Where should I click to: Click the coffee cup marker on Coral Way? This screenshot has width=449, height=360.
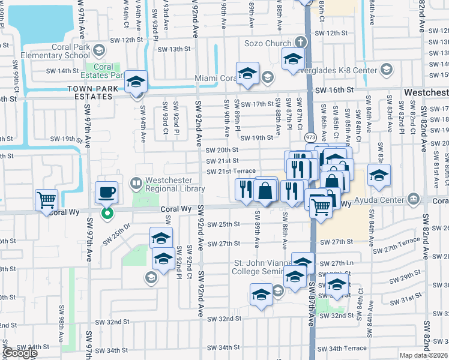(x=107, y=193)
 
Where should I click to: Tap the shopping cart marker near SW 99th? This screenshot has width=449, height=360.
(x=47, y=200)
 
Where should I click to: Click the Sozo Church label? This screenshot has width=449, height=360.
(x=268, y=43)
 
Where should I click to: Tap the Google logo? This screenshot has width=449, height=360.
(x=20, y=353)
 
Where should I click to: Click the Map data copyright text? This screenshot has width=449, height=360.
(x=424, y=355)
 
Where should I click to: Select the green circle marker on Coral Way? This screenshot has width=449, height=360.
(x=107, y=213)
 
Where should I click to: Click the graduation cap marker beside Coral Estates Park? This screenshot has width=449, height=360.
(x=136, y=82)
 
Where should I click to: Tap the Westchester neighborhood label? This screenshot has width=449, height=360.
(x=426, y=93)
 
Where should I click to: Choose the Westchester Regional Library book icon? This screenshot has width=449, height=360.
(x=136, y=182)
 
